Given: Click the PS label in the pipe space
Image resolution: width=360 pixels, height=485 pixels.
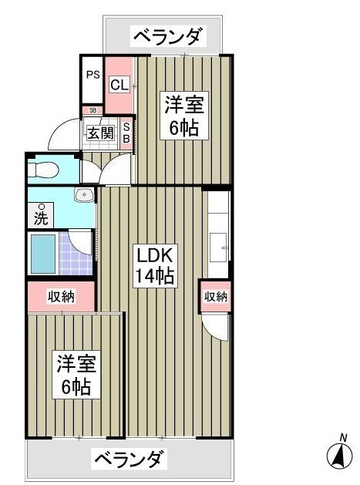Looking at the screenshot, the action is point(93,75).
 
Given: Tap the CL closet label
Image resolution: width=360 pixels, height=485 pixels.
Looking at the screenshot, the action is point(119,85).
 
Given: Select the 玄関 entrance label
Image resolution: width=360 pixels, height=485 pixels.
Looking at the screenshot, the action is point(100,133).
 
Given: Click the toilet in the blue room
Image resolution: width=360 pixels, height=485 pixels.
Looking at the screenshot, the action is point(42,170).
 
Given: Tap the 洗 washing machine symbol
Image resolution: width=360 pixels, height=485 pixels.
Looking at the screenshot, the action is point(41,215).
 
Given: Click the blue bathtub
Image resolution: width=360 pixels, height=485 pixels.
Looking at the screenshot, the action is point(43,254).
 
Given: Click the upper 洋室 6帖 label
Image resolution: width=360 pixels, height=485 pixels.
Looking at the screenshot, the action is point(184,116).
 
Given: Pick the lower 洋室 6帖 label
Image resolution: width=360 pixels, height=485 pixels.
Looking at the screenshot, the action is point(76,375).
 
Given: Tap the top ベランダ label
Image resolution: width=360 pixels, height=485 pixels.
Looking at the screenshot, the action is point(170,36).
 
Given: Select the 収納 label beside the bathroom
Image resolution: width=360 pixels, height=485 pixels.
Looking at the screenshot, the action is point(61,297).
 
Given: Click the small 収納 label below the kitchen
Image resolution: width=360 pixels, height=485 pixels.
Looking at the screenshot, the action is point(216,297).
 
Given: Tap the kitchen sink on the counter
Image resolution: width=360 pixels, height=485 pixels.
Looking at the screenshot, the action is point(219,248).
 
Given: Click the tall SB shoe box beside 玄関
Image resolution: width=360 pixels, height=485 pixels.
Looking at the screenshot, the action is point(126,133).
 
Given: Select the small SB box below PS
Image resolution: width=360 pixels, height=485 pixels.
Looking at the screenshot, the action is point(93,110).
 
